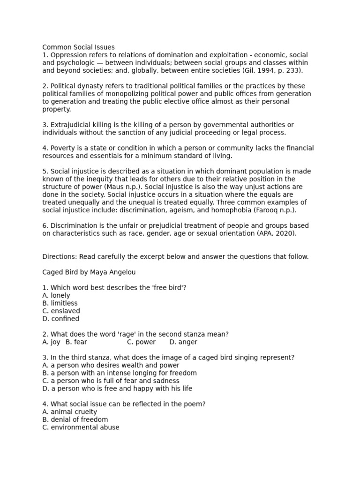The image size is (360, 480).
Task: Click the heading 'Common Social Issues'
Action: pos(78,47)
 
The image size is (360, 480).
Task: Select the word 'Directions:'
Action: pos(60,256)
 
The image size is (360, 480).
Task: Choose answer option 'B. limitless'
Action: pos(60,303)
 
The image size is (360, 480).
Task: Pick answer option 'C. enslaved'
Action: pos(61,311)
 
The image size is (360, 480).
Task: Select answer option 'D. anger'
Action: pos(183,342)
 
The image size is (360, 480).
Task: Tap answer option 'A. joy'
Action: pos(51,342)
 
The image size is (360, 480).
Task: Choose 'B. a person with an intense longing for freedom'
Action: pos(120,373)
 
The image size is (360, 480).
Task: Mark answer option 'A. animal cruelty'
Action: pos(70,412)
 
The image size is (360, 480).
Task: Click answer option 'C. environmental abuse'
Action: pos(81,427)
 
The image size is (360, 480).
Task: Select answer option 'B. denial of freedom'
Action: pos(75,420)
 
